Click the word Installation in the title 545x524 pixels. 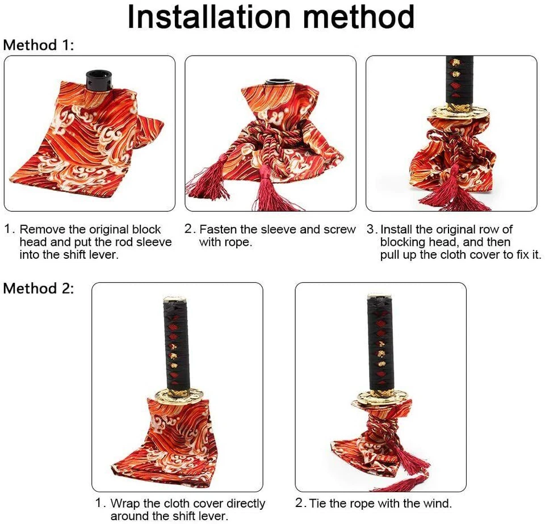coord(208,17)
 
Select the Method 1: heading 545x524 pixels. coord(39,45)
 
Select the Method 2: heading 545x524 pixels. coord(39,288)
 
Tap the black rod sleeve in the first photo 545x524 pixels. coord(99,79)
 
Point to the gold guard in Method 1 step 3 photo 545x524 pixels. coord(458,112)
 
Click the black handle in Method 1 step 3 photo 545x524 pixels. coord(459,79)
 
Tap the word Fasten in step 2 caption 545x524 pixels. coord(219,230)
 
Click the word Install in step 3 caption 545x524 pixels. coord(397,230)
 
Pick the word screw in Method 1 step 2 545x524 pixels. coord(339,230)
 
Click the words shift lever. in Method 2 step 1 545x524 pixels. coord(196,516)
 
